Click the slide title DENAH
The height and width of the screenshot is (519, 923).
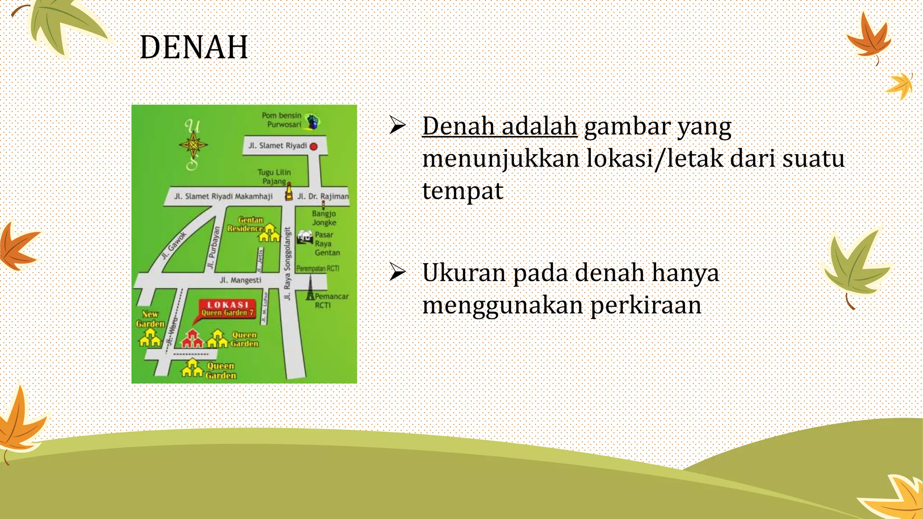pos(194,47)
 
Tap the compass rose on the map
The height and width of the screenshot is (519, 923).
pos(193,145)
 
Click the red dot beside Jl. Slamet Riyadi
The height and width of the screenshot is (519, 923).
pos(314,146)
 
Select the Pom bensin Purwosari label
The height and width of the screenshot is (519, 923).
pos(282,120)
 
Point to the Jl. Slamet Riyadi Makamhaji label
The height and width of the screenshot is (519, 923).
pos(224,196)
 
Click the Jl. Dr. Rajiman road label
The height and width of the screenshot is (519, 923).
pos(323,196)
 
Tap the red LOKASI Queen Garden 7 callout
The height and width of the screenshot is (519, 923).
pos(227,309)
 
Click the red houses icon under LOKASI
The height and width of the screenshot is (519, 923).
pos(192,339)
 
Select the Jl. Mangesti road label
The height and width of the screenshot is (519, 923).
pos(241,280)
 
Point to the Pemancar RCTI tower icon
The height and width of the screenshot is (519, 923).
pos(310,288)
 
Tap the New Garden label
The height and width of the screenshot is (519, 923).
pos(150,319)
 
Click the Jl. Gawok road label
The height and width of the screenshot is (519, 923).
pos(174,246)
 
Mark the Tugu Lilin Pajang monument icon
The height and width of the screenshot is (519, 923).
pos(289,192)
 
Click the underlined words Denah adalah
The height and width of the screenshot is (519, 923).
pos(499,126)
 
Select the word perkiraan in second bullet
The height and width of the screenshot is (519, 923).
pos(645,305)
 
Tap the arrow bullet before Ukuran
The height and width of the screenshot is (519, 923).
pos(398,272)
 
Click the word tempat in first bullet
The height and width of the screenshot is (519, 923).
pos(462,191)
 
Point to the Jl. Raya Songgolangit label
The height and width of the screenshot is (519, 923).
pos(288,264)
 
